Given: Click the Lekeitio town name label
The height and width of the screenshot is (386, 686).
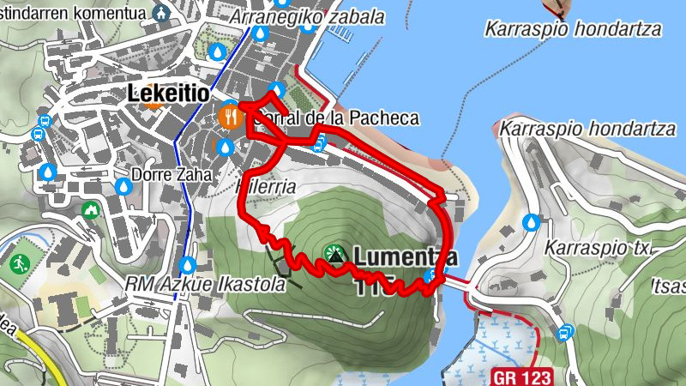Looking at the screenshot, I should coord(167,93).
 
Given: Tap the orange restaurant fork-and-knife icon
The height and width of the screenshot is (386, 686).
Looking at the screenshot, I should coord(230,115).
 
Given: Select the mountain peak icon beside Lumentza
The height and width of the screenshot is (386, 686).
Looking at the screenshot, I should coord(335,254).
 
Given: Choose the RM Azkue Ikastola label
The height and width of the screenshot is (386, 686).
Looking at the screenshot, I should coord(205,283).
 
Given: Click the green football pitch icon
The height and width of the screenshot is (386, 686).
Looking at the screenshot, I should coord(20,263).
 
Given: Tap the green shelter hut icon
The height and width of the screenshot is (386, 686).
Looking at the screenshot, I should coord(90,209).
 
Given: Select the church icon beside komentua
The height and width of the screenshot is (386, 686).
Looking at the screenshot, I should coord(159,13).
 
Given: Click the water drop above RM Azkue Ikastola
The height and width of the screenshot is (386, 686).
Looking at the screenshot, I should coord(188,264).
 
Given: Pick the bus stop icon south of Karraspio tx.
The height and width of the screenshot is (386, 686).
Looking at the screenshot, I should coord(565,332).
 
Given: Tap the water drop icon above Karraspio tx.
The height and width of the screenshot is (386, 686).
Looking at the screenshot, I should coord(533,222).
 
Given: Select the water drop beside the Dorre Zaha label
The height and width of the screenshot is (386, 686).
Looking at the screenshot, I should coord(123,186).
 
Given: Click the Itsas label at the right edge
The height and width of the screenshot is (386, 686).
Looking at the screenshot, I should coord(670,283).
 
